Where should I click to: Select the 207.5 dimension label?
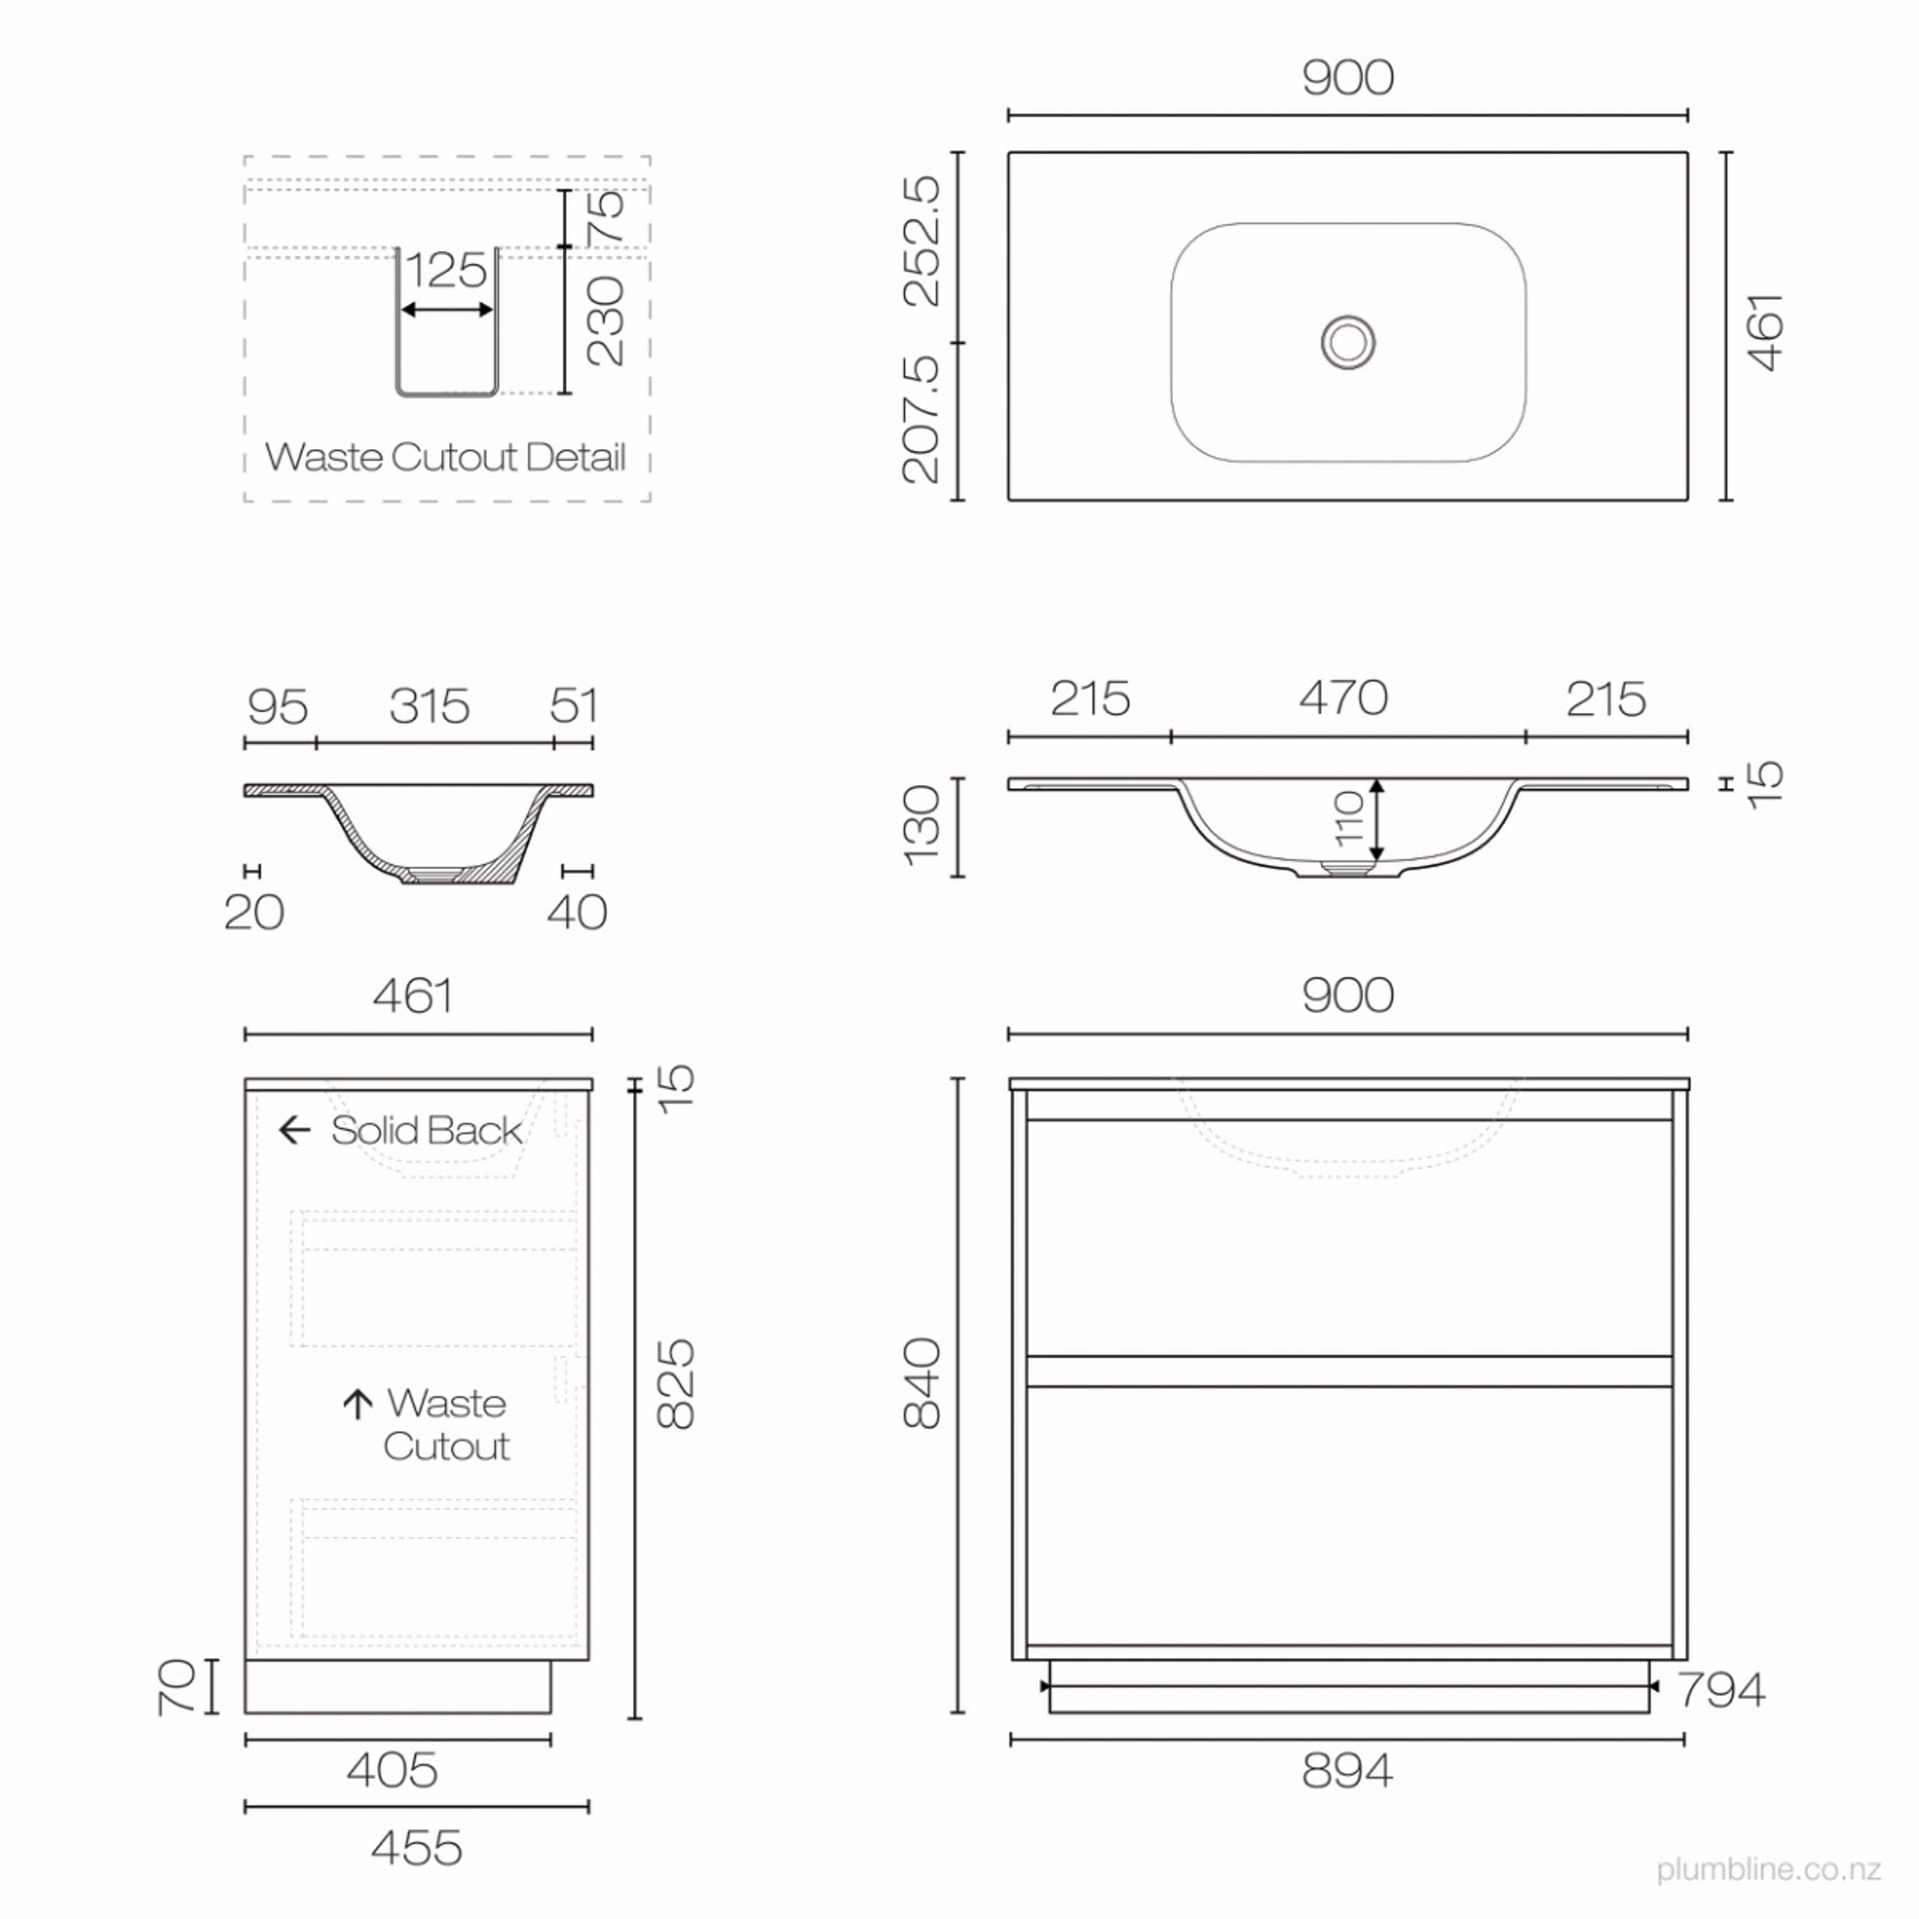[x=922, y=420]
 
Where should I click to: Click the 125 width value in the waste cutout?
[x=447, y=270]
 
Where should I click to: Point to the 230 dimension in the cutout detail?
[x=606, y=321]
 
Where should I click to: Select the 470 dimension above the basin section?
[x=1343, y=698]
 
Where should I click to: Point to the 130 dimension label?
[x=922, y=826]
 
